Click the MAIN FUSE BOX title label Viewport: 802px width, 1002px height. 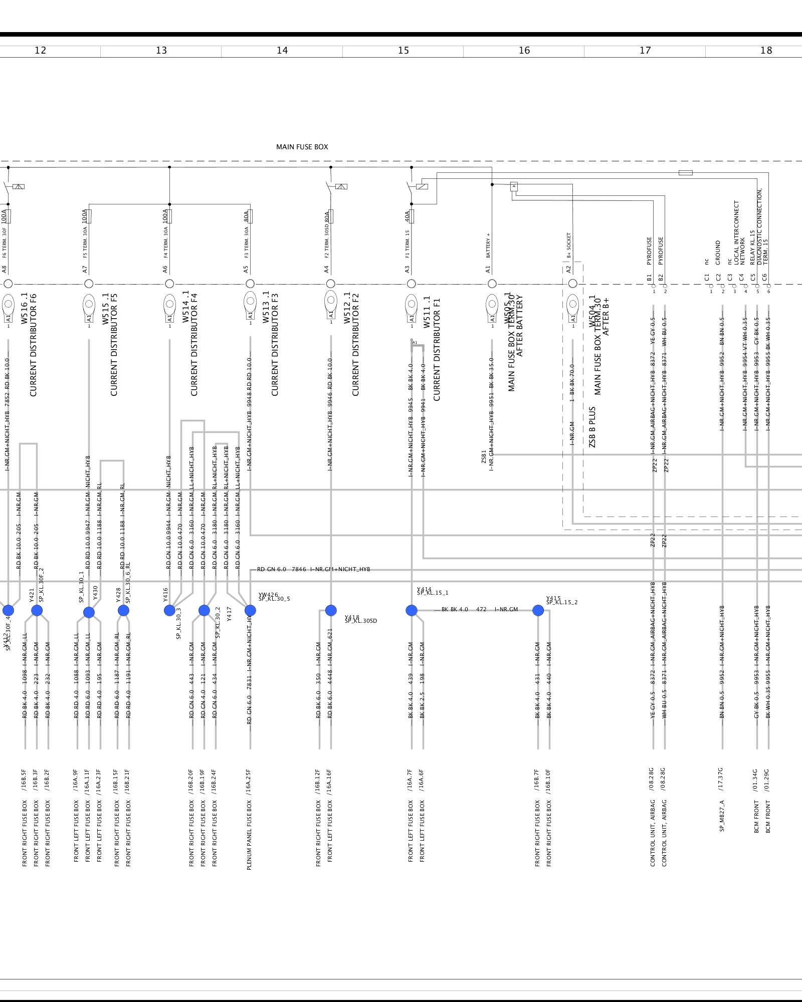(x=302, y=147)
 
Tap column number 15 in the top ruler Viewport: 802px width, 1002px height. (x=404, y=51)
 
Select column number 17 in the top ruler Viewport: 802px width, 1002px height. (x=645, y=51)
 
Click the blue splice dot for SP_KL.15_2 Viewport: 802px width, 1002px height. (x=538, y=610)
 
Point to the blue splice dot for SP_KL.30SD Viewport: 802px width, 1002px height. (x=331, y=610)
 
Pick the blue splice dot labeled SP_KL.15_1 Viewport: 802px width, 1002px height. (x=412, y=610)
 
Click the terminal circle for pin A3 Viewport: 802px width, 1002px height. (x=412, y=284)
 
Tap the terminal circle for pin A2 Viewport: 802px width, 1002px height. (x=572, y=284)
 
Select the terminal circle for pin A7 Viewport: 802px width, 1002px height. (x=89, y=284)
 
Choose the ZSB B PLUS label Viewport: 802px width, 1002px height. (x=592, y=427)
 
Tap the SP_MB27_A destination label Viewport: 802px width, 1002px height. (x=722, y=816)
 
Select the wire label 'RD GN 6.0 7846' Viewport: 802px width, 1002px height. (x=281, y=569)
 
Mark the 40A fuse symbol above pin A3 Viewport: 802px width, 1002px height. (x=412, y=216)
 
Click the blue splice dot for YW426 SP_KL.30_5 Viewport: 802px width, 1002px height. (x=250, y=610)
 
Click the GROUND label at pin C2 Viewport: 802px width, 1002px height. (x=718, y=253)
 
